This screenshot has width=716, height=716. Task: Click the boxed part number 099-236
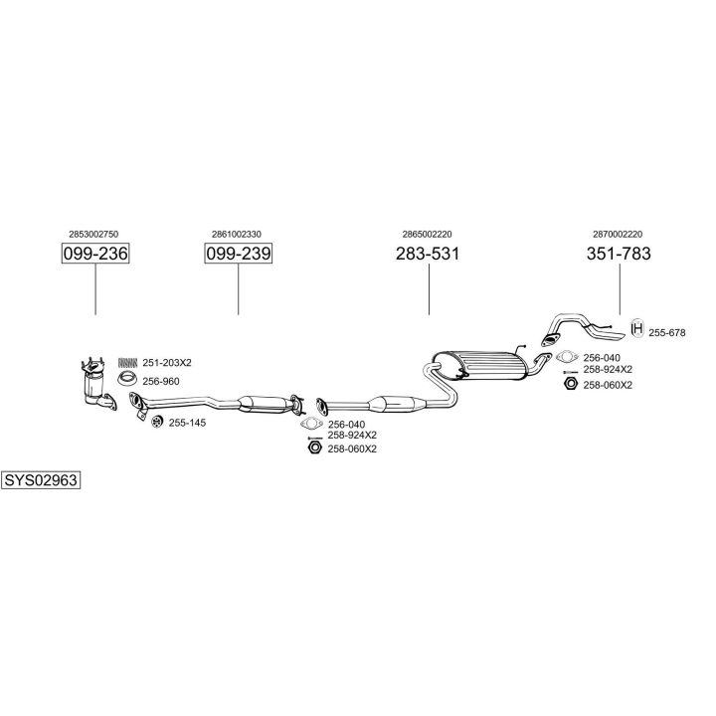(95, 255)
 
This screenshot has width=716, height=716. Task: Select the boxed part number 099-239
(238, 255)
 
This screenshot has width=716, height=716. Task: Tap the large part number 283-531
(428, 255)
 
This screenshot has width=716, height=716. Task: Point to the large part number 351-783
(620, 254)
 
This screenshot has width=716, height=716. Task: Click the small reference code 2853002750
(94, 234)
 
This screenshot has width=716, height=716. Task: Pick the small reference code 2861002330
(237, 234)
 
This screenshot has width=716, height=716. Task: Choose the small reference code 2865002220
(428, 234)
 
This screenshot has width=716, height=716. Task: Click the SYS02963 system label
(41, 479)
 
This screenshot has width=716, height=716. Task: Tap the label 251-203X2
(166, 363)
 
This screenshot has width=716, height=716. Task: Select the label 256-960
(160, 380)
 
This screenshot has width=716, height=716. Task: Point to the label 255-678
(667, 332)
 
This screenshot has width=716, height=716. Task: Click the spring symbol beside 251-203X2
(127, 363)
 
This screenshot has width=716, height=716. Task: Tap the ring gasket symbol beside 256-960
(127, 379)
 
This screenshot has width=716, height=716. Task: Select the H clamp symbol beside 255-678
(637, 331)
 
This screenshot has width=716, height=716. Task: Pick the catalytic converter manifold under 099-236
(97, 383)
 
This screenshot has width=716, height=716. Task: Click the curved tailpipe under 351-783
(577, 326)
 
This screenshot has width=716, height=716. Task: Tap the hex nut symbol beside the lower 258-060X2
(313, 448)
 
